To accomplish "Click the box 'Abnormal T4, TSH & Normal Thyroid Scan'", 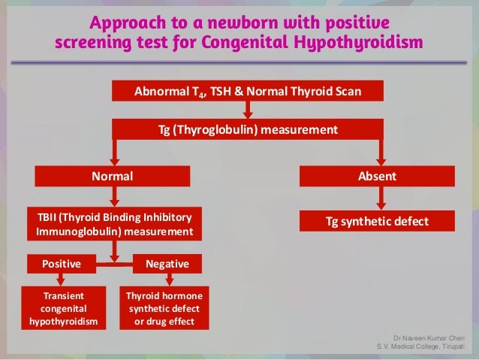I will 247,91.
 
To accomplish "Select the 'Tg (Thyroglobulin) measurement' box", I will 247,130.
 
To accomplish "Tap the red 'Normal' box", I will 113,176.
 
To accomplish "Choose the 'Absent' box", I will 378,176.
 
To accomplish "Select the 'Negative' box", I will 167,265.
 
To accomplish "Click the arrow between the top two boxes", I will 248,110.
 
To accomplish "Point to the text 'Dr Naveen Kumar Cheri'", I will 433,338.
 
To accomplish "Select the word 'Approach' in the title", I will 124,19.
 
